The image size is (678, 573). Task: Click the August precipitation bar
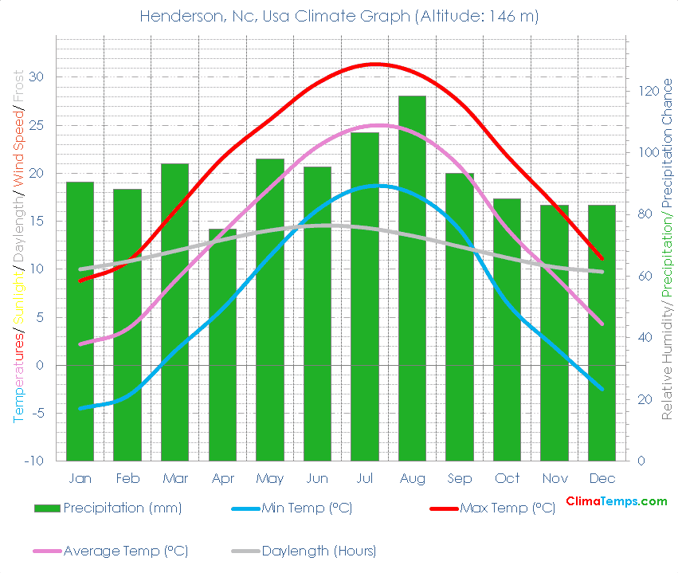(412, 278)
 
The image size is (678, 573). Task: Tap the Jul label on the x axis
(365, 479)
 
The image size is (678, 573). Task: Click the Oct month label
(507, 479)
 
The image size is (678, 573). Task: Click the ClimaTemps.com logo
(616, 501)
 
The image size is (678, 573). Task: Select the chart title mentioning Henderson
(339, 16)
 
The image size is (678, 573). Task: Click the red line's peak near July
(374, 64)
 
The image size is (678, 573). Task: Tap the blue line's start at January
(80, 408)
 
